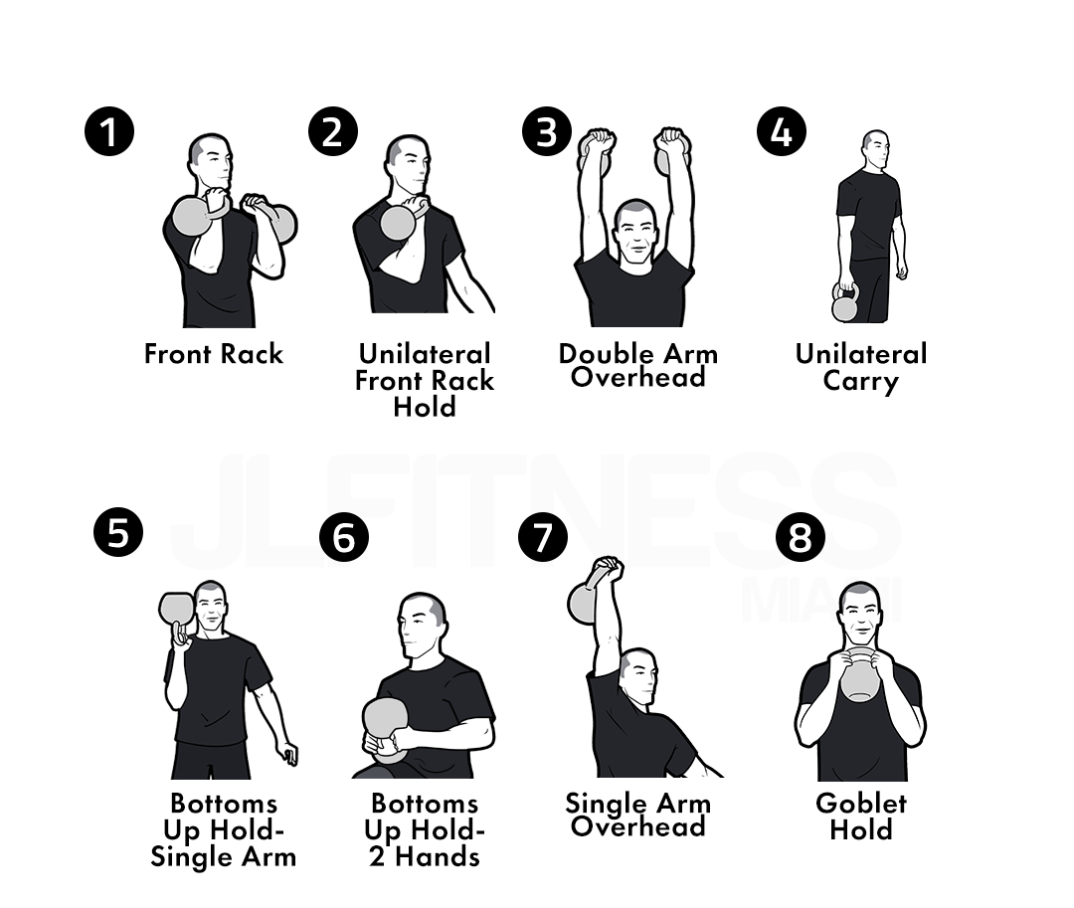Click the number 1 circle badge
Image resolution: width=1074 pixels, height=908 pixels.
click(x=109, y=131)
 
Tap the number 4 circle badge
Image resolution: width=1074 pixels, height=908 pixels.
click(x=782, y=131)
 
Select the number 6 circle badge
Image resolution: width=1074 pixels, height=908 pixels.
click(x=344, y=537)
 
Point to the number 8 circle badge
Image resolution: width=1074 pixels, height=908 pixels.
click(x=800, y=537)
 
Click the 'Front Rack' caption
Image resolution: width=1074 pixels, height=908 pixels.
click(x=214, y=354)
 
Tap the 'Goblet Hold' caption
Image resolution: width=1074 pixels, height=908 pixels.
click(x=861, y=817)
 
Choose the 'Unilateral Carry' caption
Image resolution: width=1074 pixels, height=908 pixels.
click(x=861, y=368)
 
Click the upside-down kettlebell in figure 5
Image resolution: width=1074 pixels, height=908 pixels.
click(x=176, y=611)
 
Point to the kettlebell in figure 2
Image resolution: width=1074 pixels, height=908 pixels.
click(x=400, y=219)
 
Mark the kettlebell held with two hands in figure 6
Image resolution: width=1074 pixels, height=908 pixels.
click(x=386, y=727)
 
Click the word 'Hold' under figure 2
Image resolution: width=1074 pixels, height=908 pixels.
click(x=425, y=408)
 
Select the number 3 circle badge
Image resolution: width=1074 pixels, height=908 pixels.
click(x=547, y=131)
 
